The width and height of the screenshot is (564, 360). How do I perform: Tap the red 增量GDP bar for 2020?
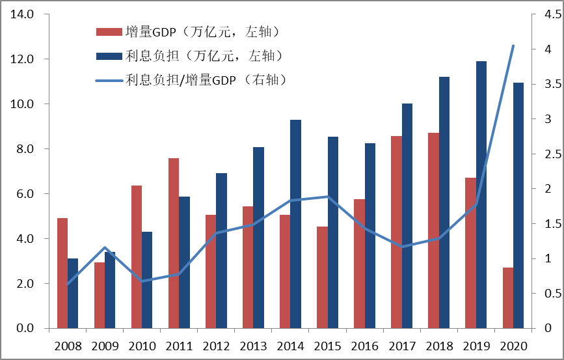[508, 298]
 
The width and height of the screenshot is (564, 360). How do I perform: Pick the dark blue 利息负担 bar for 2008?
[73, 293]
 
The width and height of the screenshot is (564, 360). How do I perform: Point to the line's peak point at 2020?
[513, 46]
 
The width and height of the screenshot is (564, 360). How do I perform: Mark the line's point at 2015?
[327, 196]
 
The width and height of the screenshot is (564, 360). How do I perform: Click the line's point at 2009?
[105, 247]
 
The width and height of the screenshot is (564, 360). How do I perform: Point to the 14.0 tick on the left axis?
[22, 14]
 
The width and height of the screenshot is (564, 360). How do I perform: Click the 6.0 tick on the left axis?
[25, 194]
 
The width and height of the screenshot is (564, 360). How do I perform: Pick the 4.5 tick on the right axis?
[544, 14]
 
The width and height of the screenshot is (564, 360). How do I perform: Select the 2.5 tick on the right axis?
[544, 154]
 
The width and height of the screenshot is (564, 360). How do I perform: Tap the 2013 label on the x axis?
[253, 345]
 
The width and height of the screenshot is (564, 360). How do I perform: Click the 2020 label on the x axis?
[513, 345]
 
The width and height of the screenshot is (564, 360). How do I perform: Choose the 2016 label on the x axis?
[364, 345]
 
